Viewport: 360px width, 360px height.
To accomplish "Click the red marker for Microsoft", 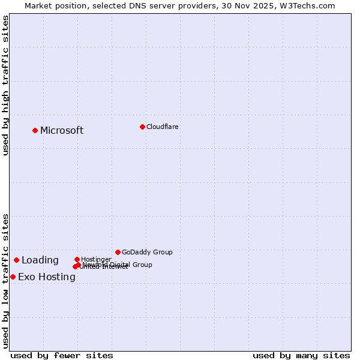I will (35, 130).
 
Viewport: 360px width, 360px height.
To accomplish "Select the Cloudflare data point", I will (142, 127).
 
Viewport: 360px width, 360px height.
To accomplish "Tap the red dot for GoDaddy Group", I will (118, 252).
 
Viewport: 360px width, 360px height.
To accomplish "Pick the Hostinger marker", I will (77, 259).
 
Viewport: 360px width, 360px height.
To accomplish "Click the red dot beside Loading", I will (16, 260).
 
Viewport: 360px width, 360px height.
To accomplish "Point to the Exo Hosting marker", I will (13, 277).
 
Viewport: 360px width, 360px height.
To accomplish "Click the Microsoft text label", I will (62, 131).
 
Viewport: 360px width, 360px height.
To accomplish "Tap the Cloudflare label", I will (162, 127).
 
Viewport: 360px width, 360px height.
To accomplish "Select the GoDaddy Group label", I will (147, 252).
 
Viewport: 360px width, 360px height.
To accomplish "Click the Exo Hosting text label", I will (47, 277).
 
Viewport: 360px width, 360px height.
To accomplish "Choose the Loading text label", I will (40, 260).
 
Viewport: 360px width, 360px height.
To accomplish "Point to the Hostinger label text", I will (96, 259).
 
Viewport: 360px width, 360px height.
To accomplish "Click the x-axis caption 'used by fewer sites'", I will (62, 355).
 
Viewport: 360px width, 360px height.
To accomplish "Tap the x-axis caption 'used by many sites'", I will (301, 355).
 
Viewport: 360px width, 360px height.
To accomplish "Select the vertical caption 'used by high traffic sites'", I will (6, 85).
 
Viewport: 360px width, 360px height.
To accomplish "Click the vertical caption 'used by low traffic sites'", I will (6, 280).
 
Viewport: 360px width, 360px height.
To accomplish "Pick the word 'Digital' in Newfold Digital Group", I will (121, 265).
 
